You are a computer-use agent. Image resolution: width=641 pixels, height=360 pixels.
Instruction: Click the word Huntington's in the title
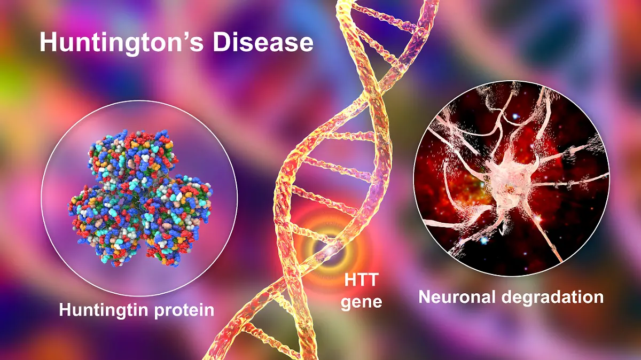(121, 43)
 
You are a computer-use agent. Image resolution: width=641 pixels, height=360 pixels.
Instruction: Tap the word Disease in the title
(263, 42)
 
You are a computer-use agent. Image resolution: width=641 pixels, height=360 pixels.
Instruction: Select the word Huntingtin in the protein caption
(104, 310)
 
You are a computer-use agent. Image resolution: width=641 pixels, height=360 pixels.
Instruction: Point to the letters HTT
(362, 280)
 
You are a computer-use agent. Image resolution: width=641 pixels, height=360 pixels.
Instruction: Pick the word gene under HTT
(362, 302)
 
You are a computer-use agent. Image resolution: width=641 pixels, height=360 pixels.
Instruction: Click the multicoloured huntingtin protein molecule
(140, 198)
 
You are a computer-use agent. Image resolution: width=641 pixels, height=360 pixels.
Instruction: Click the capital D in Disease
(222, 42)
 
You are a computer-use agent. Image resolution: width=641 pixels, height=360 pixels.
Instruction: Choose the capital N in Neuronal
(425, 297)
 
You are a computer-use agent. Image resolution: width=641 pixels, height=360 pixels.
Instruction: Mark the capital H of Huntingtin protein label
(65, 310)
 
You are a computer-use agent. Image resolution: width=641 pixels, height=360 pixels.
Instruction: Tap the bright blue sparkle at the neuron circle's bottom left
(483, 240)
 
